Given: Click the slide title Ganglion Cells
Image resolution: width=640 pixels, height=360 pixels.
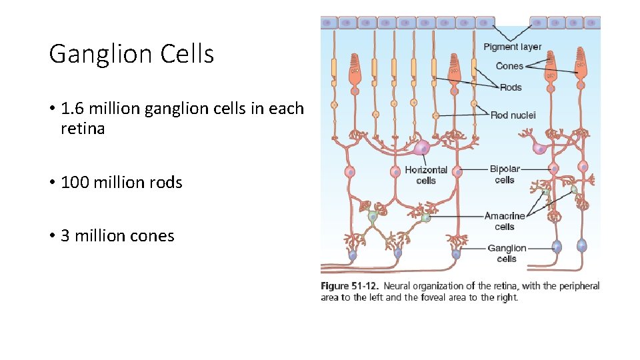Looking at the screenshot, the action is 131,54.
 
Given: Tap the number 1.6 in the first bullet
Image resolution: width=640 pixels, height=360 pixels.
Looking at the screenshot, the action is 71,108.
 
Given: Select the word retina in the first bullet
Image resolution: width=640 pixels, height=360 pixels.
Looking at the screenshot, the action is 83,128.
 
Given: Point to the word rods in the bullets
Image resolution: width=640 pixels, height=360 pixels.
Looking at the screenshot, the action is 166,182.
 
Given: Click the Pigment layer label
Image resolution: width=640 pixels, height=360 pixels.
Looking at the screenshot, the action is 512,47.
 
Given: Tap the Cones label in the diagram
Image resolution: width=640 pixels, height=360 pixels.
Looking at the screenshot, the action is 509,65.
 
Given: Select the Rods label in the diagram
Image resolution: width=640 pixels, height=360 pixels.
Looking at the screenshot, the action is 511,87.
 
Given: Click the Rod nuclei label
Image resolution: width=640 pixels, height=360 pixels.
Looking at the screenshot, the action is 513,115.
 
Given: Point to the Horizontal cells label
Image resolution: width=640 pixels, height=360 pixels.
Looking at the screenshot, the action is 426,175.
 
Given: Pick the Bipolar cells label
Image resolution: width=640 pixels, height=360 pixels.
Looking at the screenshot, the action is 505,174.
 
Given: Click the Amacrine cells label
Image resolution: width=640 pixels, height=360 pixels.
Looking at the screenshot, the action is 505,221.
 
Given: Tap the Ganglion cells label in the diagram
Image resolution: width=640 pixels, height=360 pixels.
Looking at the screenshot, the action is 507,253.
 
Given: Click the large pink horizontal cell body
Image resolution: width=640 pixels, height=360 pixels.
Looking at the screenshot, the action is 422,148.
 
